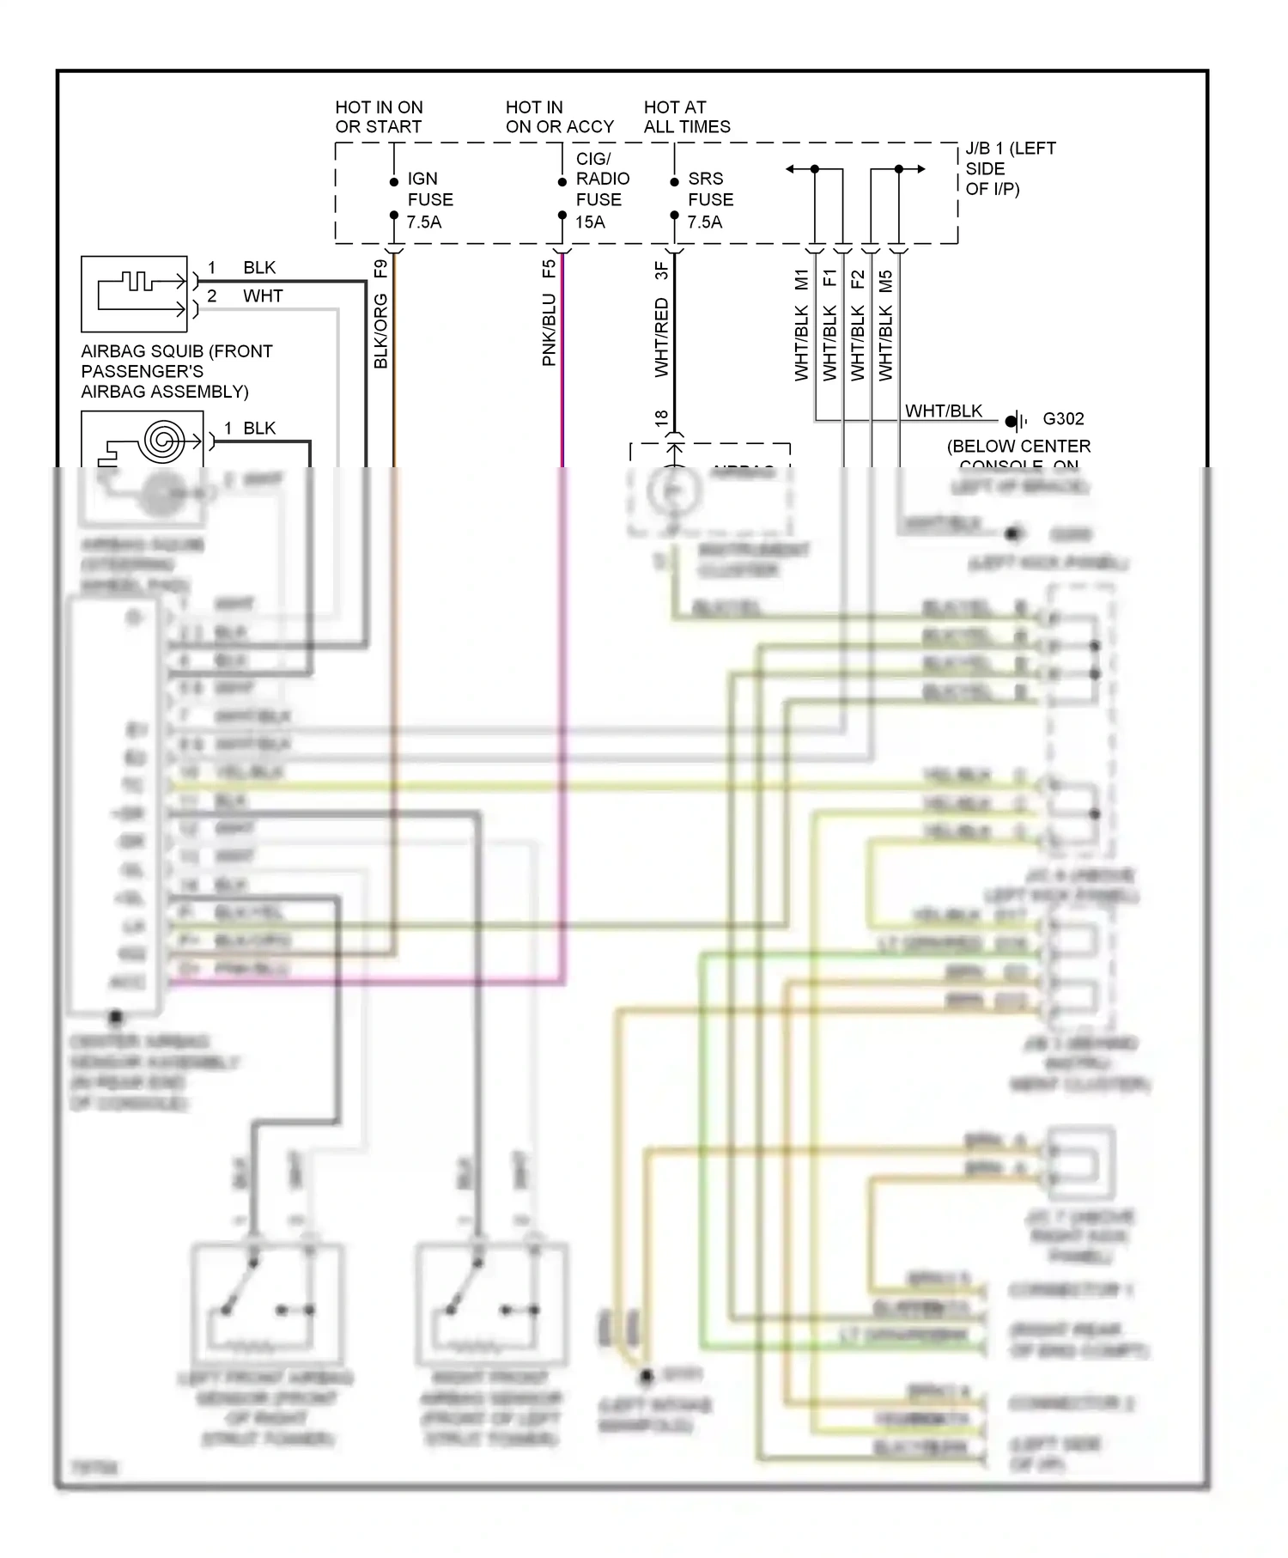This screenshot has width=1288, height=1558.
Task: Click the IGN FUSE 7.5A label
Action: pos(429,200)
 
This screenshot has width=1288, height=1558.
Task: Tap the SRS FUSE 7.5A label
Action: pos(710,200)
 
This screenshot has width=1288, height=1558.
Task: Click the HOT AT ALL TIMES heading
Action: pos(686,117)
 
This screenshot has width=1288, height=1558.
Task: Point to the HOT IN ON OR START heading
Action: pos(379,117)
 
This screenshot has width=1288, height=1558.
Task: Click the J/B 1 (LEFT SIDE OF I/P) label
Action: pos(1010,168)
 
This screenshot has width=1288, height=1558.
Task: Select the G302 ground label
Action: pos(1063,419)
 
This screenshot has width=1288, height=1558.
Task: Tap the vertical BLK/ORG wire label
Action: pos(381,332)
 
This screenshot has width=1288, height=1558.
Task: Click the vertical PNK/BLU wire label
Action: pos(549,331)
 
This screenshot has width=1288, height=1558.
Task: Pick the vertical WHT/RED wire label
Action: pos(661,338)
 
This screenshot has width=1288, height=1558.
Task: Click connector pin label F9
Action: pos(381,269)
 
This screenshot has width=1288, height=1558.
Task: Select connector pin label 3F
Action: pos(661,271)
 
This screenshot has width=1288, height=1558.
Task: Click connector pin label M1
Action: pos(801,280)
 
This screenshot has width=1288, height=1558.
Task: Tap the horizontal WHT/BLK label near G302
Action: pos(943,411)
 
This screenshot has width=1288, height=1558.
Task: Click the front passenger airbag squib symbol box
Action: pos(134,294)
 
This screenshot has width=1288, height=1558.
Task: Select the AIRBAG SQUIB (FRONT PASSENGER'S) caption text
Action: pos(176,371)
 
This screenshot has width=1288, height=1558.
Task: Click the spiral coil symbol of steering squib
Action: pos(163,441)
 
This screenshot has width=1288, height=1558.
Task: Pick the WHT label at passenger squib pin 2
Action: pos(262,296)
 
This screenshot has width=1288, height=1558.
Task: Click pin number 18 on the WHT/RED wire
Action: pos(661,418)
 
